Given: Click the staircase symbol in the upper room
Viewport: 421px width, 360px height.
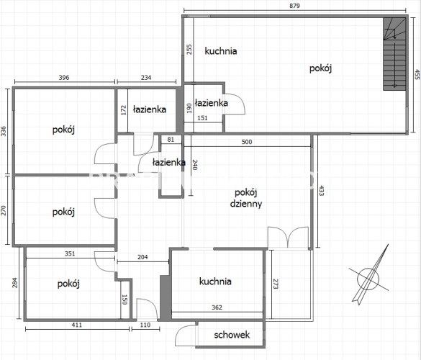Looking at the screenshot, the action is coord(394,54).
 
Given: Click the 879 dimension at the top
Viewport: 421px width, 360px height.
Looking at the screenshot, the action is coord(294,6).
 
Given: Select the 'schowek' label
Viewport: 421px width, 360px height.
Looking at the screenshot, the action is coord(232,335).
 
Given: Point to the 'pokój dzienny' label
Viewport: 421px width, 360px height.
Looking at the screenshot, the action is coord(246,198).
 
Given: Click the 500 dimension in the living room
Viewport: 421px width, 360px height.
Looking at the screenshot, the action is coord(247,142).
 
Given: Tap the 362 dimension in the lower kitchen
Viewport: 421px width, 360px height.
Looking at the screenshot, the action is coord(217,307).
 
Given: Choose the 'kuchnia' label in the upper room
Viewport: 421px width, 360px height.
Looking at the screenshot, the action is coord(221,51).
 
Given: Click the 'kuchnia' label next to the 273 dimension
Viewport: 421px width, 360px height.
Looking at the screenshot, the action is coord(215,282).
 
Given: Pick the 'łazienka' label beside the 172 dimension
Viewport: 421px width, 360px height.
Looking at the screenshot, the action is coord(150,109).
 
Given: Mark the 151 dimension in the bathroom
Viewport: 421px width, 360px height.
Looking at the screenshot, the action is coord(202,118).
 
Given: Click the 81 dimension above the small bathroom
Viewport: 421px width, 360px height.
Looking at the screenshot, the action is coord(171,140).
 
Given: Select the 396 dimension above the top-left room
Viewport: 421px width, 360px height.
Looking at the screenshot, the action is coord(64,78).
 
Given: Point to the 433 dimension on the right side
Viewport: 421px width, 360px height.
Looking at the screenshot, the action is coord(321,191).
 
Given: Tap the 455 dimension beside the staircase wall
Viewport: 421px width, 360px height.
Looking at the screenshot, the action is coord(417,74).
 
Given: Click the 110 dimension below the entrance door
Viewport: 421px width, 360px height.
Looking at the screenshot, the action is coord(145,325).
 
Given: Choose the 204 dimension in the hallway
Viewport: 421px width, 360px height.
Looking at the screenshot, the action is coord(142,257).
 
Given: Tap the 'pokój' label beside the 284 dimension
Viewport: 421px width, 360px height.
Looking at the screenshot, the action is coord(68,284).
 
